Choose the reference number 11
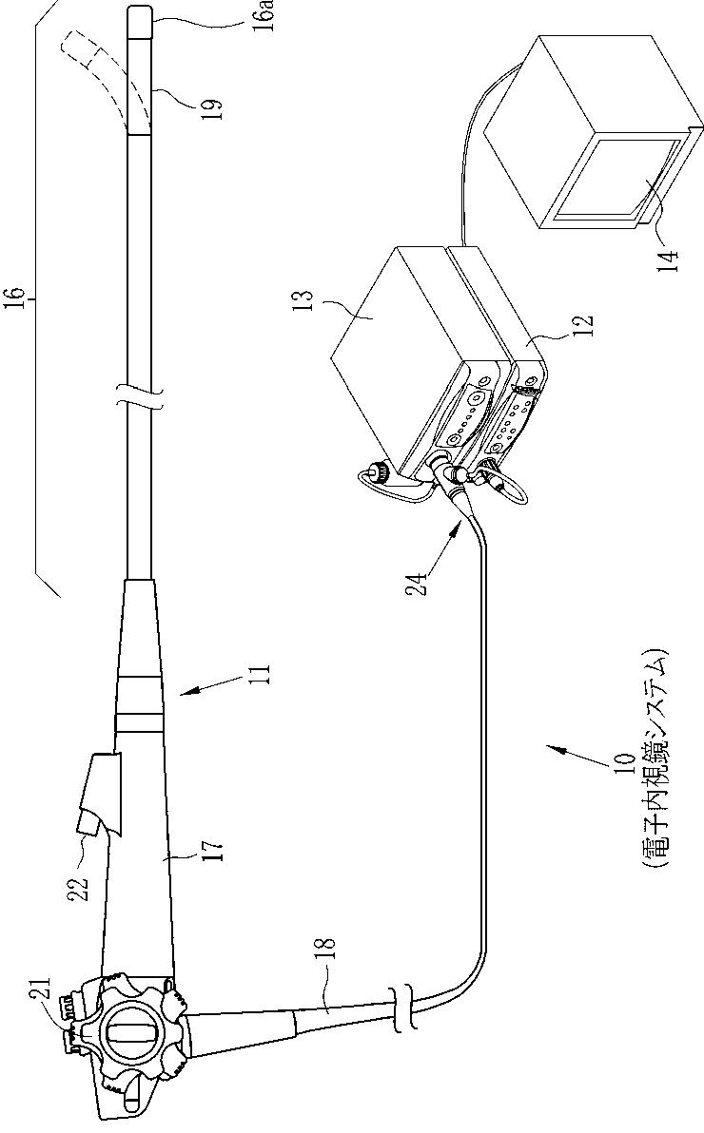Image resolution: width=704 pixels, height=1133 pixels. [x=265, y=676]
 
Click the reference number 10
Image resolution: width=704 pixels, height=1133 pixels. [x=624, y=765]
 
